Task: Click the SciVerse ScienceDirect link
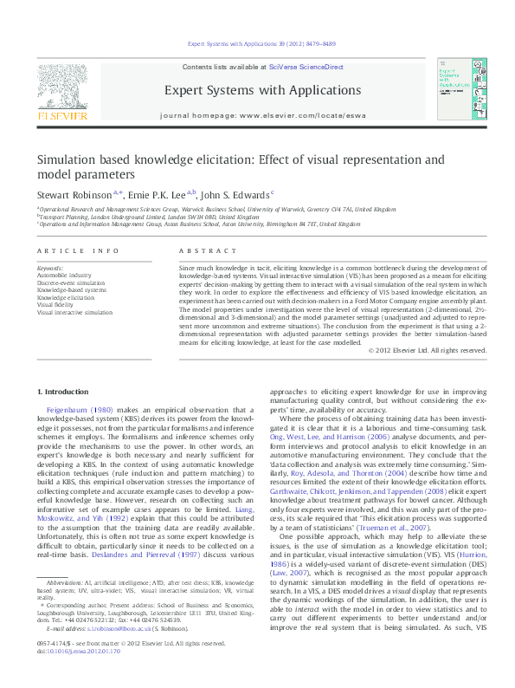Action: (x=306, y=67)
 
